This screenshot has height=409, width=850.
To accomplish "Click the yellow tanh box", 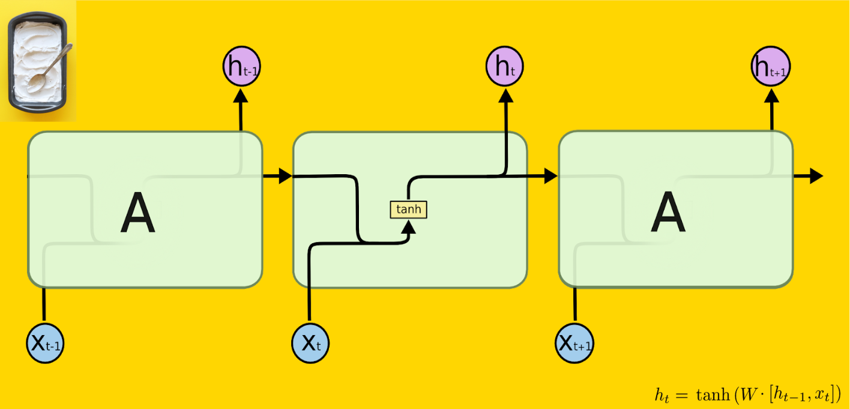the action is [x=408, y=210].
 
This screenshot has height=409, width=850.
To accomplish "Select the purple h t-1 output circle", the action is [x=241, y=66].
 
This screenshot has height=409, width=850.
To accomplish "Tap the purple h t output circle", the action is [x=505, y=66].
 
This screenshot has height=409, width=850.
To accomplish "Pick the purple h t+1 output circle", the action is [x=771, y=66].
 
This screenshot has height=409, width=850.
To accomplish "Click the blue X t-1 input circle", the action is [x=45, y=344].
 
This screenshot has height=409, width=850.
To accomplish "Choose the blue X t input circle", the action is [x=310, y=344].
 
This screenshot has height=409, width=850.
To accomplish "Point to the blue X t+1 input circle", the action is [x=574, y=344].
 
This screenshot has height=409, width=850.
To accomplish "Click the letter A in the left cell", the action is [x=137, y=212].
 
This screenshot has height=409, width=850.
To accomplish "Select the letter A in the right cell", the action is [x=668, y=212].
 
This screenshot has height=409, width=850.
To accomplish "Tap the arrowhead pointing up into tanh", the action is [x=408, y=226].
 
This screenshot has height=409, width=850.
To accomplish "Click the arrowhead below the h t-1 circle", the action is [x=241, y=95].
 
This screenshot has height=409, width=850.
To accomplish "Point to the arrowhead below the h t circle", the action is [x=506, y=95].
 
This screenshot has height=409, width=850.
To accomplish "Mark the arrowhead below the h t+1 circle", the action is [x=771, y=95].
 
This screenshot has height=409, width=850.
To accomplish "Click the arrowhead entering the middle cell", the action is [x=285, y=176].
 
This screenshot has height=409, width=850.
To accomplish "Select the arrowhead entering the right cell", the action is [x=550, y=176].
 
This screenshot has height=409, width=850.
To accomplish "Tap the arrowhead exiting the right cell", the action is [x=816, y=176].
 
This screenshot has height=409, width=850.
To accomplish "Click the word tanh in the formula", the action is [x=713, y=395].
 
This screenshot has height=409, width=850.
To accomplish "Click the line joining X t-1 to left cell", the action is [x=44, y=305].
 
